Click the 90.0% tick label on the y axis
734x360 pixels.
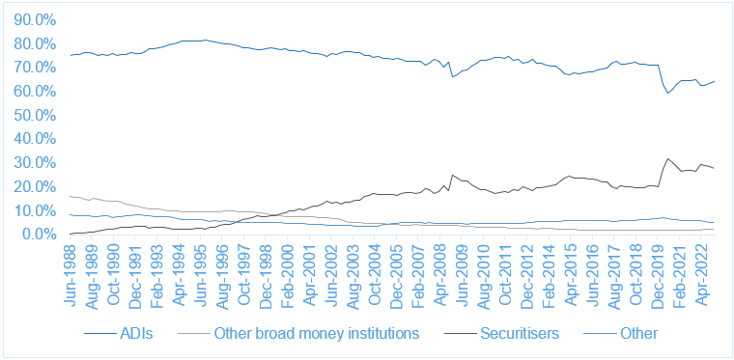coord(36,20)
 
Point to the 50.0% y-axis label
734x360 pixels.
coord(36,116)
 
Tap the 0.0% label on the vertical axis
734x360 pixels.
coord(39,235)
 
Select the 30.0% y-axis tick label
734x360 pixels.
coord(36,163)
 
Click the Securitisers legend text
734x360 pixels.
coord(502,333)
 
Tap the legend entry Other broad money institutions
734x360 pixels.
coord(298,333)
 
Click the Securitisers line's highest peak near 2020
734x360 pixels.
coord(667,159)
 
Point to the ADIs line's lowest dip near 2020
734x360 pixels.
coord(668,93)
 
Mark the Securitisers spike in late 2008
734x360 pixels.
coord(452,176)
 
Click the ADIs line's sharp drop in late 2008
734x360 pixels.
coord(452,76)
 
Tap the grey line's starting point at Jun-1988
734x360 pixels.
coord(71,196)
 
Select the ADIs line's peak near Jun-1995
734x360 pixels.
coord(205,41)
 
